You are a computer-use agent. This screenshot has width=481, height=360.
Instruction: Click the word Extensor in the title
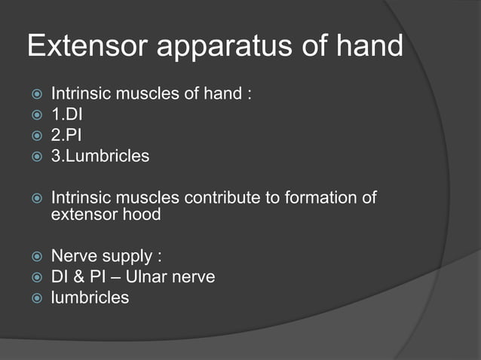coord(84,47)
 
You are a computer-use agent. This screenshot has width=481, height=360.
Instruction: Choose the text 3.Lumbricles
coord(100,157)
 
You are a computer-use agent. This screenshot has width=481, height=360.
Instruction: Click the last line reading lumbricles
coord(90,297)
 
